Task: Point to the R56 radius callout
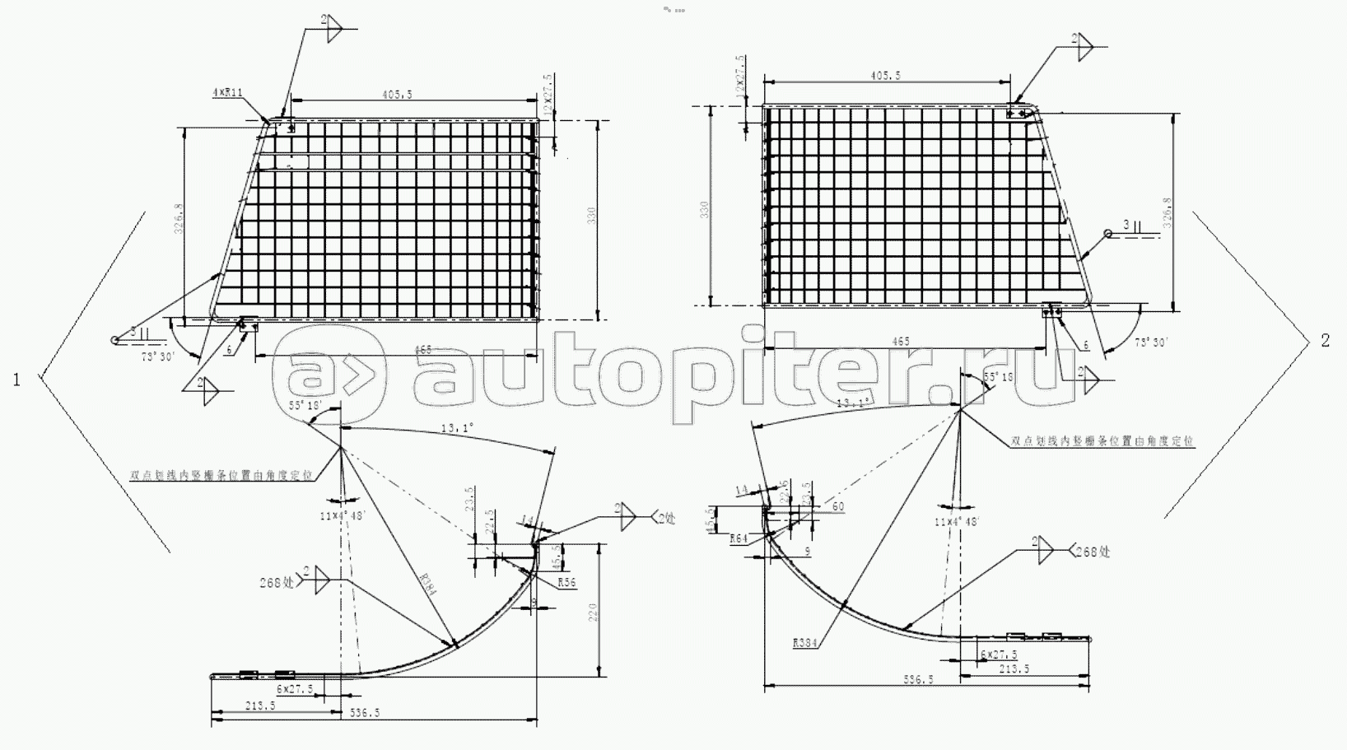coord(566,583)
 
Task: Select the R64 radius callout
coord(739,538)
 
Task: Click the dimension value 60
coord(837,506)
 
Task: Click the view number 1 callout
coord(16,379)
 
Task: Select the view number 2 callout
coord(1325,340)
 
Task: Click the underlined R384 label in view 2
coord(805,644)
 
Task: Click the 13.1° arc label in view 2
coord(853,403)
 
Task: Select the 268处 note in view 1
coord(277,582)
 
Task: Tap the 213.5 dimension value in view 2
coord(1014,668)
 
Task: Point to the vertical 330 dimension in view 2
coord(704,210)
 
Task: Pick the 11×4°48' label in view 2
coord(955,522)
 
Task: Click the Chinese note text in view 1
coord(222,475)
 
